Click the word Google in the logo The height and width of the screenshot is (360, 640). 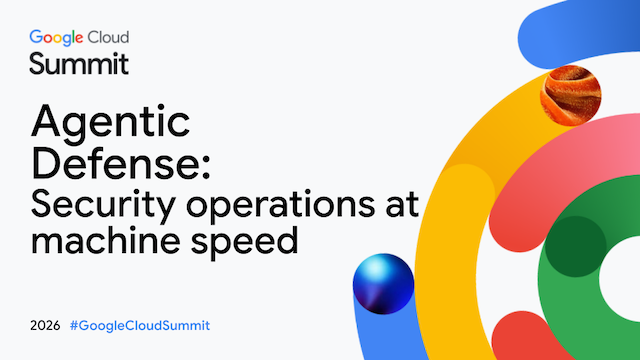[56, 38]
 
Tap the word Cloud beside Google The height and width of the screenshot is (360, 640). [108, 37]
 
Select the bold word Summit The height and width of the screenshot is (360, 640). [79, 64]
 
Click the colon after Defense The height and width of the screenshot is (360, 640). [206, 168]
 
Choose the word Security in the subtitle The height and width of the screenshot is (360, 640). [103, 206]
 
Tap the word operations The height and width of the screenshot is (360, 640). [280, 204]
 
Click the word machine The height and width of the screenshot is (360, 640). [105, 240]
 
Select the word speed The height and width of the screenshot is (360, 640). [244, 242]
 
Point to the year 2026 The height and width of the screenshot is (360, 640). [45, 326]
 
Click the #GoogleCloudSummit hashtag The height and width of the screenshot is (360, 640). [140, 326]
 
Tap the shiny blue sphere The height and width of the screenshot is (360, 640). [383, 284]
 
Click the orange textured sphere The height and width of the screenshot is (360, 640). [571, 96]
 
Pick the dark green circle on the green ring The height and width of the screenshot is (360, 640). [576, 247]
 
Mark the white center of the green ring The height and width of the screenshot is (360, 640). [622, 278]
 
